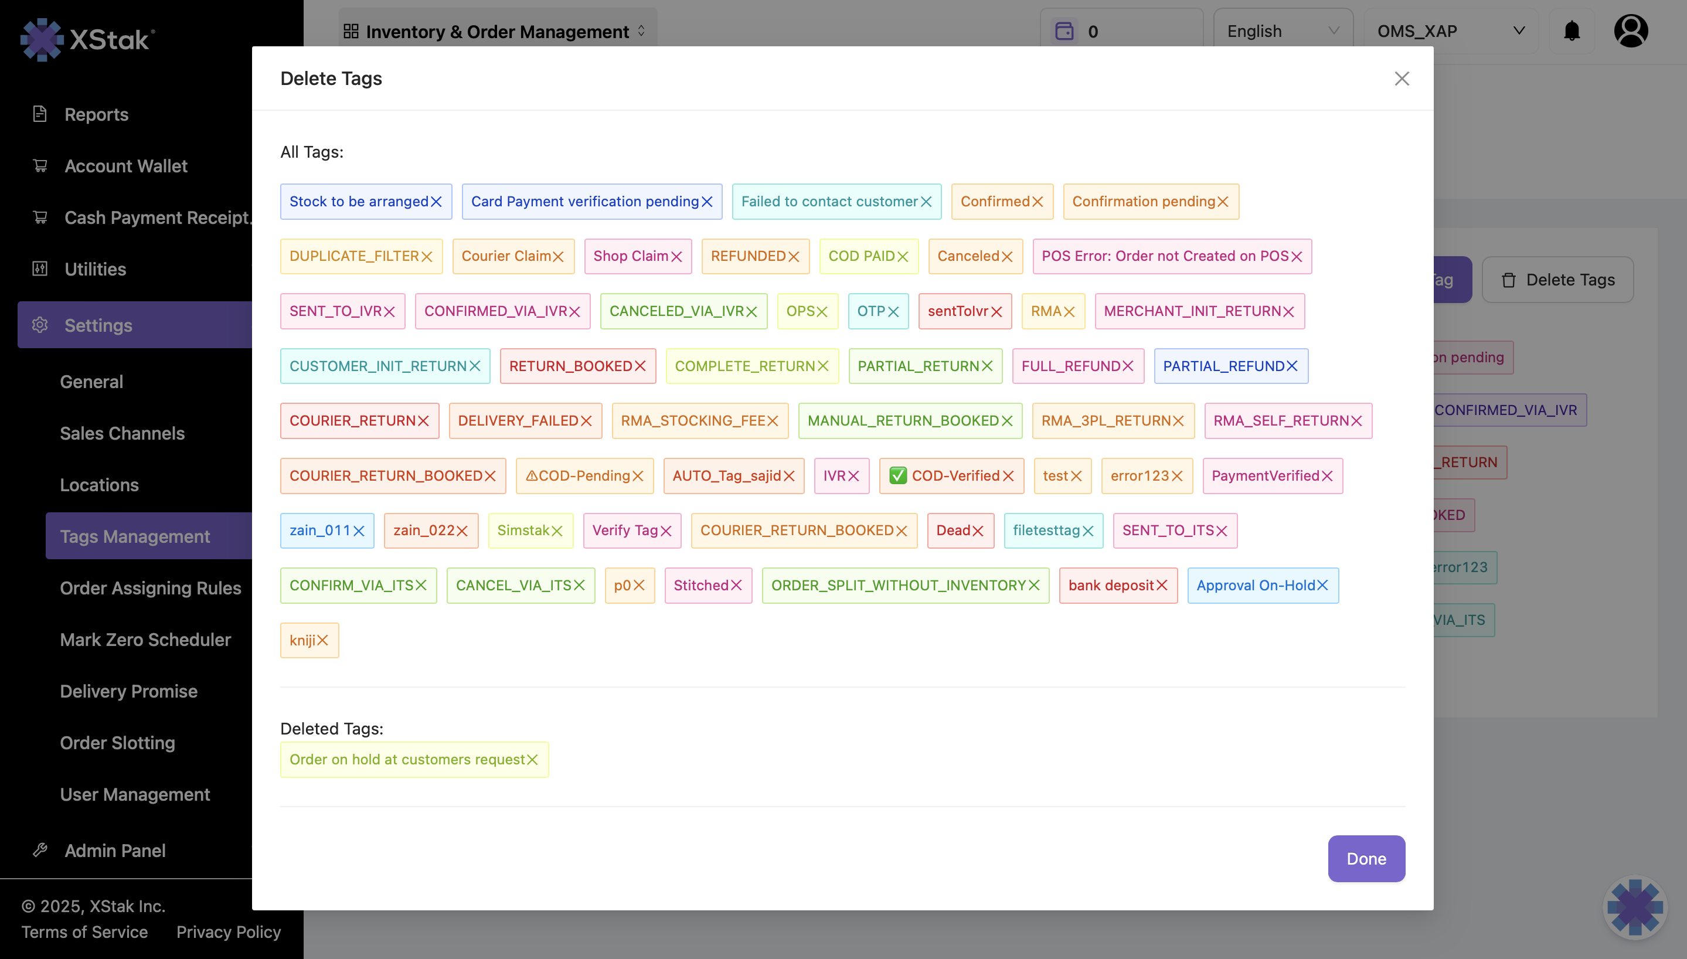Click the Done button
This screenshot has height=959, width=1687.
[x=1366, y=858]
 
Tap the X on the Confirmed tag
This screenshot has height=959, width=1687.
[x=1038, y=202]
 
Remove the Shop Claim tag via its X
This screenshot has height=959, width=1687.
[x=676, y=256]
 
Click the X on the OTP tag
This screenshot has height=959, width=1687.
[x=893, y=311]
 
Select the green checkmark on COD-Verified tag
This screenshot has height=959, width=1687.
[x=897, y=475]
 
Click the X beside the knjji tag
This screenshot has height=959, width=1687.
[x=322, y=640]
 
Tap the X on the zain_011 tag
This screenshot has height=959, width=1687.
[x=359, y=531]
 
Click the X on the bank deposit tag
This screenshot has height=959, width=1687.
[x=1162, y=586]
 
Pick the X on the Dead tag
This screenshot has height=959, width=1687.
[x=978, y=531]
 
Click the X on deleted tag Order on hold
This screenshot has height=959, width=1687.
[x=533, y=760]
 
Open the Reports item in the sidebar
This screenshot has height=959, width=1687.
[x=96, y=115]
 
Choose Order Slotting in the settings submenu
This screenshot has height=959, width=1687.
[x=117, y=743]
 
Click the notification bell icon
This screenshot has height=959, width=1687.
[x=1572, y=31]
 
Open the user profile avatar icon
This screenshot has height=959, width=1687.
[x=1630, y=31]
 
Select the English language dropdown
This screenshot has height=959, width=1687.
[x=1282, y=31]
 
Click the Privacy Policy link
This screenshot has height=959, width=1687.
[x=229, y=932]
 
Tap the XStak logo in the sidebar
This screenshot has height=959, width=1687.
[x=87, y=39]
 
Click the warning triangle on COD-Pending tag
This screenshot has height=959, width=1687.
[x=532, y=475]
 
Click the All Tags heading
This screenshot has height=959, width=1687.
[x=311, y=152]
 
